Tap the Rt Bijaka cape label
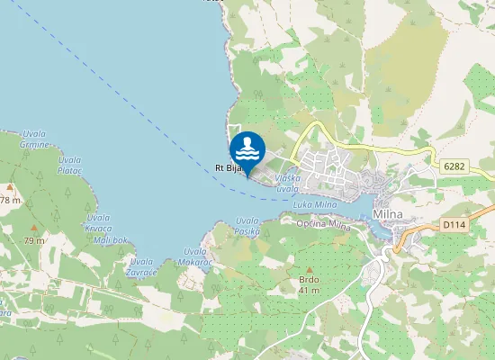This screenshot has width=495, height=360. tap(229, 167)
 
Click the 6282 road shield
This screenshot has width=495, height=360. tap(454, 166)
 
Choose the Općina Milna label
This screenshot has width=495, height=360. tap(322, 222)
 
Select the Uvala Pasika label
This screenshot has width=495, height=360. tap(247, 226)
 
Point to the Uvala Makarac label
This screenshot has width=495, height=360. tap(196, 256)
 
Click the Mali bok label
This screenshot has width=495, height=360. tap(112, 240)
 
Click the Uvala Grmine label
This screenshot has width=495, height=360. tap(34, 139)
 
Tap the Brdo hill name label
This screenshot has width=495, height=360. tap(310, 280)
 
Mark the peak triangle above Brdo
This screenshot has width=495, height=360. tap(310, 269)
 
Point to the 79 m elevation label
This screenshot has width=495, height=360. tap(33, 240)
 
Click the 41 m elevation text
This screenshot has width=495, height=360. tap(310, 290)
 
